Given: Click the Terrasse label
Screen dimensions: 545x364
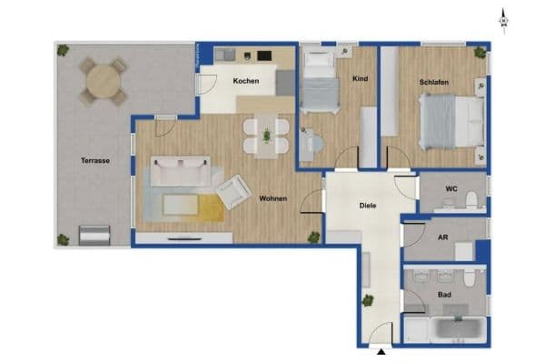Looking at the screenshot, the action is pyautogui.click(x=95, y=160).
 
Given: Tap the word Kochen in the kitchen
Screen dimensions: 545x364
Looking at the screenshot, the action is pyautogui.click(x=246, y=81).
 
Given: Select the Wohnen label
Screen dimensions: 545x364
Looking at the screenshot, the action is pyautogui.click(x=273, y=198).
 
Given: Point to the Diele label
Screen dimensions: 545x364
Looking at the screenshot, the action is pyautogui.click(x=368, y=206).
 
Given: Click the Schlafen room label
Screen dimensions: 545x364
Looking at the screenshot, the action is pyautogui.click(x=434, y=82).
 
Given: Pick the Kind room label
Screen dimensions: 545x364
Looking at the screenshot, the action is pyautogui.click(x=360, y=79).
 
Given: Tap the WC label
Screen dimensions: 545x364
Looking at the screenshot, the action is pyautogui.click(x=451, y=188).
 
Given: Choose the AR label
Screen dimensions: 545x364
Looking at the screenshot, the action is pyautogui.click(x=443, y=238).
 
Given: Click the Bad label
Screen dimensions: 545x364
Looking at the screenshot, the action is pyautogui.click(x=444, y=295).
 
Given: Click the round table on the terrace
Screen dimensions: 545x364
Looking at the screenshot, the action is pyautogui.click(x=104, y=82).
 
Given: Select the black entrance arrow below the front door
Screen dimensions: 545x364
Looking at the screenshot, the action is pyautogui.click(x=381, y=352).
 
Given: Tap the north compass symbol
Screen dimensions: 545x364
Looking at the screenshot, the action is pyautogui.click(x=504, y=21).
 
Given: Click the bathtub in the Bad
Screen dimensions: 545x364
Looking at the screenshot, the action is pyautogui.click(x=459, y=329).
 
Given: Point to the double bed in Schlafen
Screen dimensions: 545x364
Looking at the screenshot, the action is pyautogui.click(x=451, y=122).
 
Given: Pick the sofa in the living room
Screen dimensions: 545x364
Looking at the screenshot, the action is pyautogui.click(x=181, y=171).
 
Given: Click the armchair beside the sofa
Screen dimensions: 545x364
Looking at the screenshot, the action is pyautogui.click(x=233, y=192).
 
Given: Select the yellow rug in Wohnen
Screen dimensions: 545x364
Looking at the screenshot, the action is pyautogui.click(x=211, y=208).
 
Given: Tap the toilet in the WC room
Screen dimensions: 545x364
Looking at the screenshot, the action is pyautogui.click(x=471, y=200).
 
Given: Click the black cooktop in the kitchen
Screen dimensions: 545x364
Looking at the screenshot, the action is pyautogui.click(x=264, y=56).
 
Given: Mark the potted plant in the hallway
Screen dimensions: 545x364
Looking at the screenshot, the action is pyautogui.click(x=367, y=300).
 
